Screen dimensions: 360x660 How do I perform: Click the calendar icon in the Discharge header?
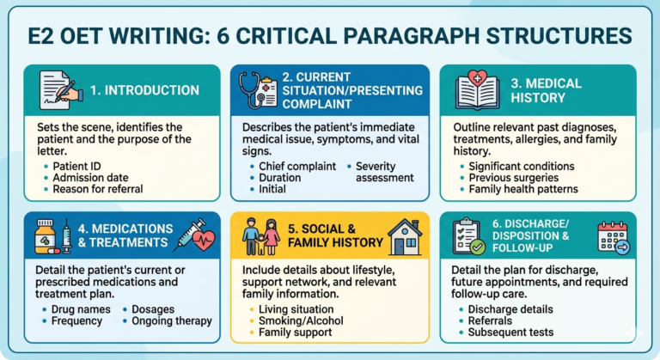pyautogui.click(x=613, y=236)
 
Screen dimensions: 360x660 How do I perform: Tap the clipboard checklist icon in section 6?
pyautogui.click(x=469, y=236)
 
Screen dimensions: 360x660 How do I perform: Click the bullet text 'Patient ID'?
pyautogui.click(x=75, y=165)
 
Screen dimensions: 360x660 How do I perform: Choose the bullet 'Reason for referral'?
pyautogui.click(x=95, y=189)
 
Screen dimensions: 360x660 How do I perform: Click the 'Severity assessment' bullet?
pyautogui.click(x=384, y=171)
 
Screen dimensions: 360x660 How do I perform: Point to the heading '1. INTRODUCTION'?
pyautogui.click(x=144, y=90)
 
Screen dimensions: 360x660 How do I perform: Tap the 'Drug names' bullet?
pyautogui.click(x=84, y=309)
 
